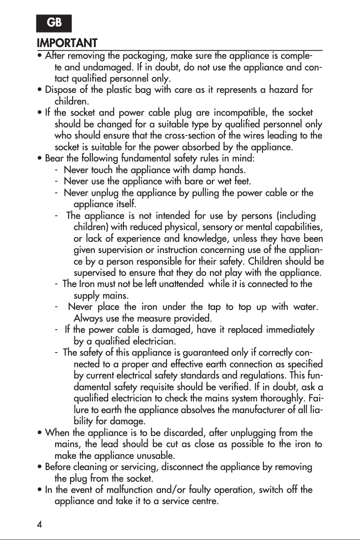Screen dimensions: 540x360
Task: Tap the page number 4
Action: [40, 525]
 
